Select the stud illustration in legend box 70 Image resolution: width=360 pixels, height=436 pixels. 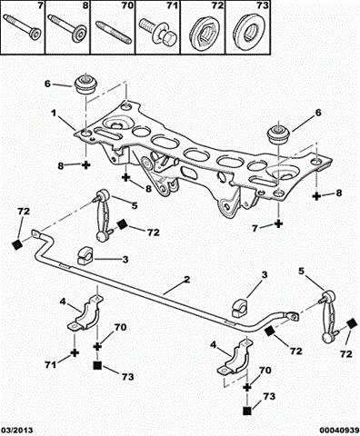(x=114, y=33)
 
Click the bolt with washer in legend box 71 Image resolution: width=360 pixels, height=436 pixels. (x=155, y=32)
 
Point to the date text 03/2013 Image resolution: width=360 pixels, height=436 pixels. (x=17, y=431)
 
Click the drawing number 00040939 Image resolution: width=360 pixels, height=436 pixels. (x=339, y=431)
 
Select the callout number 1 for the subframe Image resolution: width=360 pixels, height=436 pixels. (x=54, y=114)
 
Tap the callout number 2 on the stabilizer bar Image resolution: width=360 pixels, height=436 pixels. (x=187, y=279)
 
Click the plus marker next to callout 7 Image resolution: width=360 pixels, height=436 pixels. (x=278, y=223)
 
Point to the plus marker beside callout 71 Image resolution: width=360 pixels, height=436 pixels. (x=75, y=352)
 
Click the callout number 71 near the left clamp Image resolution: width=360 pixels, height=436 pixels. (x=51, y=365)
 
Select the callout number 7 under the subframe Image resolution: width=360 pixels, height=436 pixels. (x=255, y=228)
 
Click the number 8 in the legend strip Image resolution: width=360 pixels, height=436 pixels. (x=85, y=6)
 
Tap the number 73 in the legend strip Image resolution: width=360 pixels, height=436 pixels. (x=263, y=5)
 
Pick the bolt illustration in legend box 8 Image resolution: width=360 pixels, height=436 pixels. (x=67, y=28)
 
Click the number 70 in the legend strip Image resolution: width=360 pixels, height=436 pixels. (x=128, y=5)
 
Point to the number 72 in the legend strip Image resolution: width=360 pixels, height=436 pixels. (x=217, y=5)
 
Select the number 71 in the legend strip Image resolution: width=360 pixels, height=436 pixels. (x=173, y=5)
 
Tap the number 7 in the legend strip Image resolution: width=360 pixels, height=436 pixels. (x=40, y=6)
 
